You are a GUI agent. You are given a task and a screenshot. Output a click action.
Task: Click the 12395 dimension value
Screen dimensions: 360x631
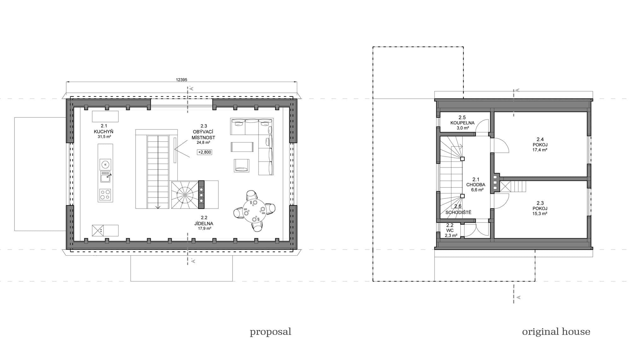181,80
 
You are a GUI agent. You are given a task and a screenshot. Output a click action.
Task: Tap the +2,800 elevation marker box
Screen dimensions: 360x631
204,152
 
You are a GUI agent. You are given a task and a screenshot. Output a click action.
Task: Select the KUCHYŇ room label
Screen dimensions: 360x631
103,132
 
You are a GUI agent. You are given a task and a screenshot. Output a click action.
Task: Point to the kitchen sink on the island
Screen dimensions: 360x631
105,177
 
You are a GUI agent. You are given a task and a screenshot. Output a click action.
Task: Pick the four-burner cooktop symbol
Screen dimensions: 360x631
105,195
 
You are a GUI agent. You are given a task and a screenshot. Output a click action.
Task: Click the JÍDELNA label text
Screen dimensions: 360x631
204,223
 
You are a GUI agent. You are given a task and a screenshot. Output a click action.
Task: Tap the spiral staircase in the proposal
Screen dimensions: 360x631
184,195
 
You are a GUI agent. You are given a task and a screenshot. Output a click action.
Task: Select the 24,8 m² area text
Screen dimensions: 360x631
203,143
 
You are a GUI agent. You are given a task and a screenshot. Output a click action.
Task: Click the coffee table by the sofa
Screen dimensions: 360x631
242,147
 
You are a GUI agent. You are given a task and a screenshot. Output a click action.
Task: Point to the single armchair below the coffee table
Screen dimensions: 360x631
242,166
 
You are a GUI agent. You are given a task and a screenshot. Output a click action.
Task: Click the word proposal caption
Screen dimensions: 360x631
270,332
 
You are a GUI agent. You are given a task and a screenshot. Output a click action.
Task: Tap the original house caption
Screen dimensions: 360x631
556,332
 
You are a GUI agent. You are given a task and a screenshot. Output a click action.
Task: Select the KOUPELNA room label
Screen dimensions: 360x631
462,123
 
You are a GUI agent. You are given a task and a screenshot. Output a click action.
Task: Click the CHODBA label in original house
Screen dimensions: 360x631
476,185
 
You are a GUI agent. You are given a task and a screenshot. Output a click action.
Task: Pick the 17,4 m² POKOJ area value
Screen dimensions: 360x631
540,150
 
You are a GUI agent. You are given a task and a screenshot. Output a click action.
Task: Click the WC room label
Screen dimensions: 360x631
450,230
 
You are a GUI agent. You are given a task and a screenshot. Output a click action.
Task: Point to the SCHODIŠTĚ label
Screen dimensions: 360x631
458,212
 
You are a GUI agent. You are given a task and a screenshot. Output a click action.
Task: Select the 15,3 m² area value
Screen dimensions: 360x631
540,214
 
